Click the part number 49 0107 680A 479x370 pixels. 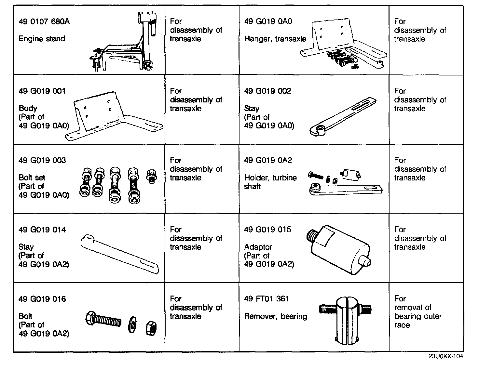point(44,21)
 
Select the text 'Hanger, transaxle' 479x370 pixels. point(275,39)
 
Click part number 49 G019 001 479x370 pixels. point(42,91)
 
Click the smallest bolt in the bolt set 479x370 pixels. point(151,176)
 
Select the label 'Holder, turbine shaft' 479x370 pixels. point(270,182)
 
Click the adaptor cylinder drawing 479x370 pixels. point(338,249)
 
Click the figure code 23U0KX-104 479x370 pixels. point(445,356)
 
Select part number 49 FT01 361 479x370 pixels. point(266,299)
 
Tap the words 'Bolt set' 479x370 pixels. point(32,178)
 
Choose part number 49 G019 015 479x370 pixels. point(267,230)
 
